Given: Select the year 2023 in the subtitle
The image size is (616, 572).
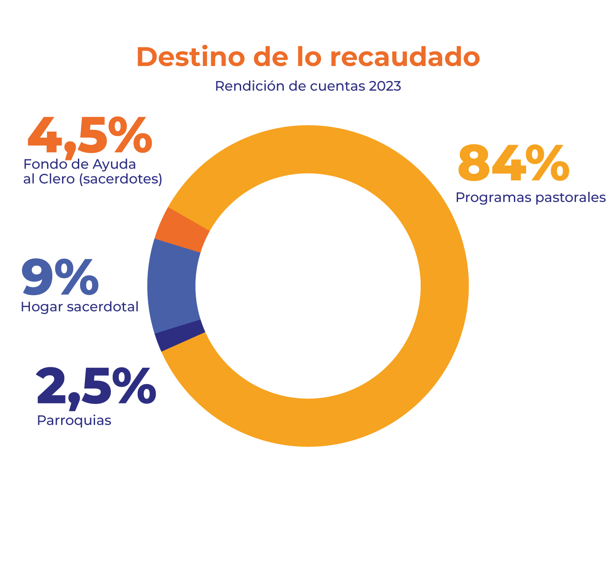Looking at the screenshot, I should click(385, 86).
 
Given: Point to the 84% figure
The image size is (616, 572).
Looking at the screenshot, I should click(513, 164).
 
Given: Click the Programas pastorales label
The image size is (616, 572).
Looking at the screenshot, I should click(531, 198).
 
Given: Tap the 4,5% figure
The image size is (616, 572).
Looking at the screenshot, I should click(90, 136).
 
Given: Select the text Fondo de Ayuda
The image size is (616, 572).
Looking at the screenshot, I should click(80, 164).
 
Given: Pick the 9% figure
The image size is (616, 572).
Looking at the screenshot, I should click(60, 278).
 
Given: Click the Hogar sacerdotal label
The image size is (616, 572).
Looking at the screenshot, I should click(80, 307).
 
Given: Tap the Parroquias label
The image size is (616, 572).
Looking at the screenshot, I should click(74, 421).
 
